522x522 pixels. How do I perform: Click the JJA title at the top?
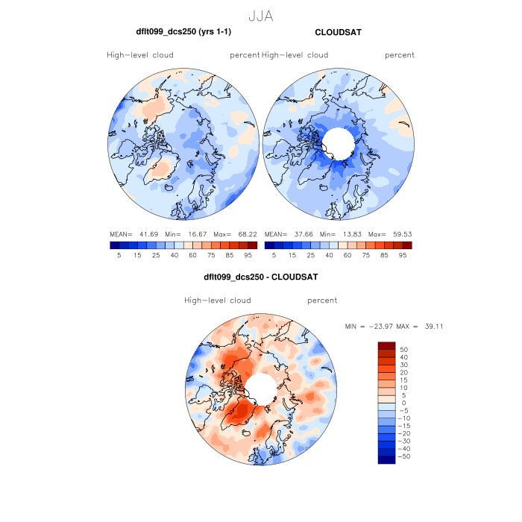pyautogui.click(x=260, y=16)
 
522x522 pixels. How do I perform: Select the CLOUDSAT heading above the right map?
pyautogui.click(x=338, y=34)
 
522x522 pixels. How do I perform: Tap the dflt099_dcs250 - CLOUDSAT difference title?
pyautogui.click(x=260, y=277)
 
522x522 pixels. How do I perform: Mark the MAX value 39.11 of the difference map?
pyautogui.click(x=434, y=327)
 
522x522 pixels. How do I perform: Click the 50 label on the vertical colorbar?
pyautogui.click(x=404, y=349)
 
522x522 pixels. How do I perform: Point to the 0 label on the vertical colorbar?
pyautogui.click(x=403, y=403)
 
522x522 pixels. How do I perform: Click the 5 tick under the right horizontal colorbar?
pyautogui.click(x=274, y=255)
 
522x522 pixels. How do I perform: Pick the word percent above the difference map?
pyautogui.click(x=322, y=301)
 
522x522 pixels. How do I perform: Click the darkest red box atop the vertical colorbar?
pyautogui.click(x=386, y=346)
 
